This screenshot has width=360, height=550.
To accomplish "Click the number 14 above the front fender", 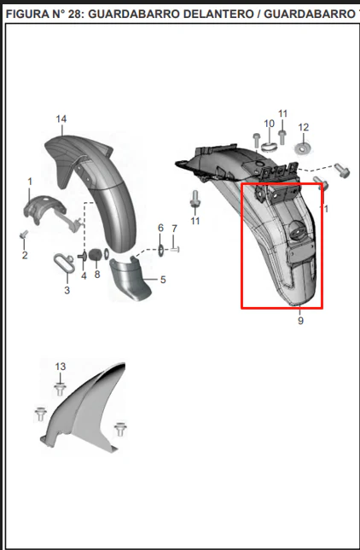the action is (x=61, y=119).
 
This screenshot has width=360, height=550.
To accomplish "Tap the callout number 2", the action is (x=25, y=255).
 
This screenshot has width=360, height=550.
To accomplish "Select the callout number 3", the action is (x=67, y=290).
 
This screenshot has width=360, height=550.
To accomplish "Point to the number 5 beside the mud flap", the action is (x=163, y=280).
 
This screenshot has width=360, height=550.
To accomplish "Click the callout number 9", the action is (x=300, y=321).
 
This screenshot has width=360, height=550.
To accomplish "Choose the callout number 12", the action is (x=304, y=127).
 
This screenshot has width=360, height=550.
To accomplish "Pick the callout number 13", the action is (x=61, y=367).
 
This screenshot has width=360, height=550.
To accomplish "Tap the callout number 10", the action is (x=269, y=124).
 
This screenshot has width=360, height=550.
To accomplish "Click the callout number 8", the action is (x=97, y=275).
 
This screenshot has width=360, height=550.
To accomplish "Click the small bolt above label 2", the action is (x=24, y=234).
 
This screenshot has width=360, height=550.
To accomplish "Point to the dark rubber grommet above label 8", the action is (x=95, y=255).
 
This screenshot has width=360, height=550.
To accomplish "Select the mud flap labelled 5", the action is (x=130, y=279).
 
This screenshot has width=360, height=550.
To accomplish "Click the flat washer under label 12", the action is (x=302, y=148).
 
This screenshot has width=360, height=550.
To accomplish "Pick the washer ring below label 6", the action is (x=160, y=250).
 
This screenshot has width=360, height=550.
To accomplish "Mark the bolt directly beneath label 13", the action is (x=61, y=390).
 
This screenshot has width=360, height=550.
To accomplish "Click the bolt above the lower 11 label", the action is (x=195, y=199).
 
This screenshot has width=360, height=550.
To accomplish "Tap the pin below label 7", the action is (x=175, y=249).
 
